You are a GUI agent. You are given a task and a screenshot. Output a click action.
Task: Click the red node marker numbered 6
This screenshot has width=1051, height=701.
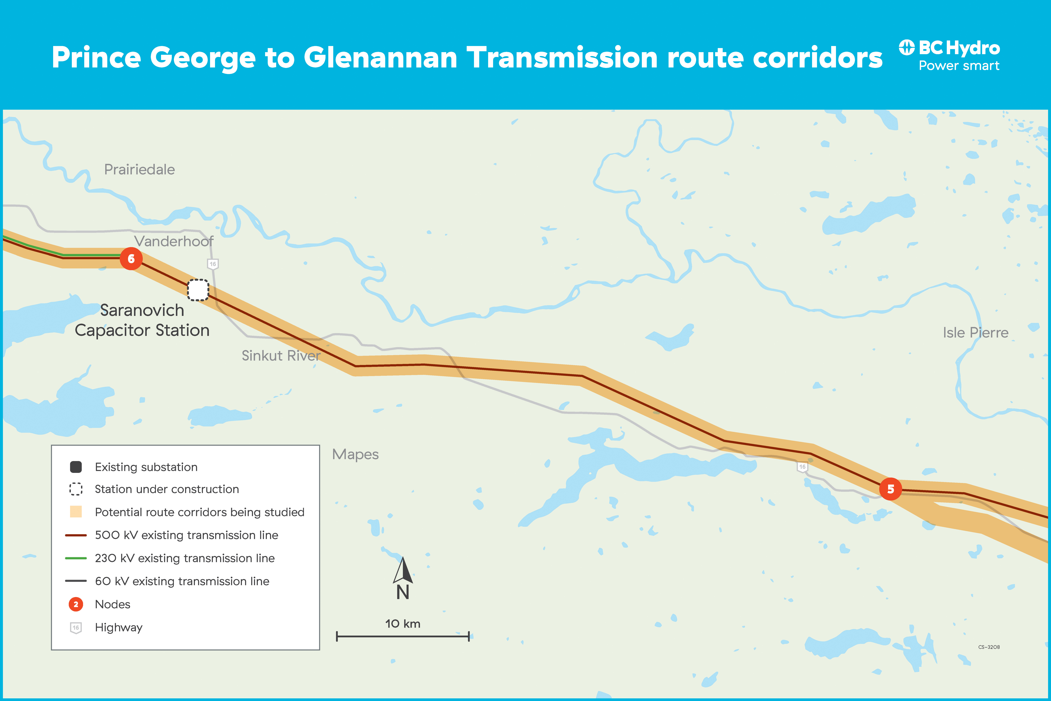tap(131, 258)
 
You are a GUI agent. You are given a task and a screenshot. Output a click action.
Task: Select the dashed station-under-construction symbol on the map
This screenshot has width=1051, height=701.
tap(198, 290)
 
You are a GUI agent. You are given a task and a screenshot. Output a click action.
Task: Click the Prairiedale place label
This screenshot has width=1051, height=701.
tap(139, 169)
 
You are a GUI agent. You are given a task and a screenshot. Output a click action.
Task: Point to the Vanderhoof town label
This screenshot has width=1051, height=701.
tap(174, 241)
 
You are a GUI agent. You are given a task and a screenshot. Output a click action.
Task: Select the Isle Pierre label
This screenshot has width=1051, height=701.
tap(976, 333)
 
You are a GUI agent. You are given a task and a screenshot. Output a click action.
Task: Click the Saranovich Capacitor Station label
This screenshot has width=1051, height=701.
tap(142, 320)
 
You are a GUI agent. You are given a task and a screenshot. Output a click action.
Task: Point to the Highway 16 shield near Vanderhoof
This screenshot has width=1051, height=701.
tap(213, 264)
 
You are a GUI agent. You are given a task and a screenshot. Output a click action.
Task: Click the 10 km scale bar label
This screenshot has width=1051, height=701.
tap(403, 624)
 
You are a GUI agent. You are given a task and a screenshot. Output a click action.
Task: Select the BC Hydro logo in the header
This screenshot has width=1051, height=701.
tap(949, 55)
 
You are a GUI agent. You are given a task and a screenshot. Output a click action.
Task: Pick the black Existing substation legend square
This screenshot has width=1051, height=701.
tap(76, 467)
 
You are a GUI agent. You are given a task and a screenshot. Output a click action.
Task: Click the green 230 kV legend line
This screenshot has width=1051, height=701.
tap(76, 558)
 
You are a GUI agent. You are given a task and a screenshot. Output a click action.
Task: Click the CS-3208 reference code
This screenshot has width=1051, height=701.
tap(989, 647)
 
